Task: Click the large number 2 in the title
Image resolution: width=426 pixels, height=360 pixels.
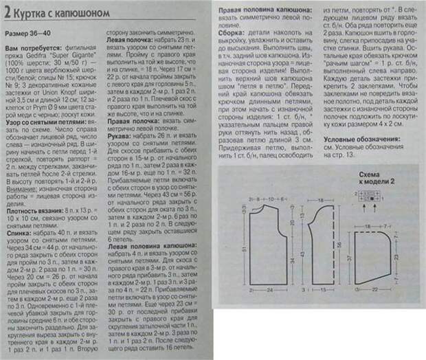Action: pos(7,10)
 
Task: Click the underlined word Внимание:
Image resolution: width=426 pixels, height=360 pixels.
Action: pos(19,181)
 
